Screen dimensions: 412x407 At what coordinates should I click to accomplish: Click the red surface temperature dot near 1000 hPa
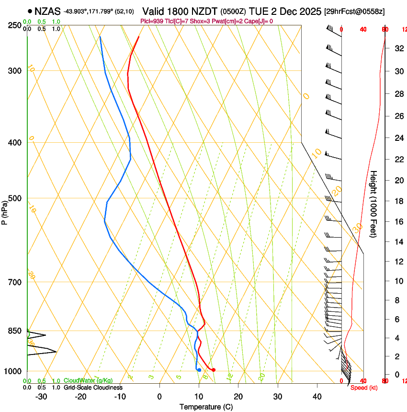pos(214,370)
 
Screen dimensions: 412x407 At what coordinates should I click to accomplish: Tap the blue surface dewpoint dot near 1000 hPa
pos(199,370)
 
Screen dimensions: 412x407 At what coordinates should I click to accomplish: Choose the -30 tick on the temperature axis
pos(41,397)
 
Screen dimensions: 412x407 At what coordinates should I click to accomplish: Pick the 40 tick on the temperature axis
pos(317,397)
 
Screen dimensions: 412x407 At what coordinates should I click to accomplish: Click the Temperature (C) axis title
pos(206,407)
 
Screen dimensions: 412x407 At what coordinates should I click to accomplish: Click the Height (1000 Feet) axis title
pos(374,204)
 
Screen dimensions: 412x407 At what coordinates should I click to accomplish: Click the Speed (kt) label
pos(363,388)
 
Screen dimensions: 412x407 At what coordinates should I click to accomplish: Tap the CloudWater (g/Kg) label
pos(88,380)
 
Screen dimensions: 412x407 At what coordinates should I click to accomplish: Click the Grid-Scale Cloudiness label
pos(93,388)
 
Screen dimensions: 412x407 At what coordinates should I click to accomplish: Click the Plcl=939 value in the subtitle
pos(152,21)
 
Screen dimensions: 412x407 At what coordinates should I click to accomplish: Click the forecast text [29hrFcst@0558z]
pos(354,11)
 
